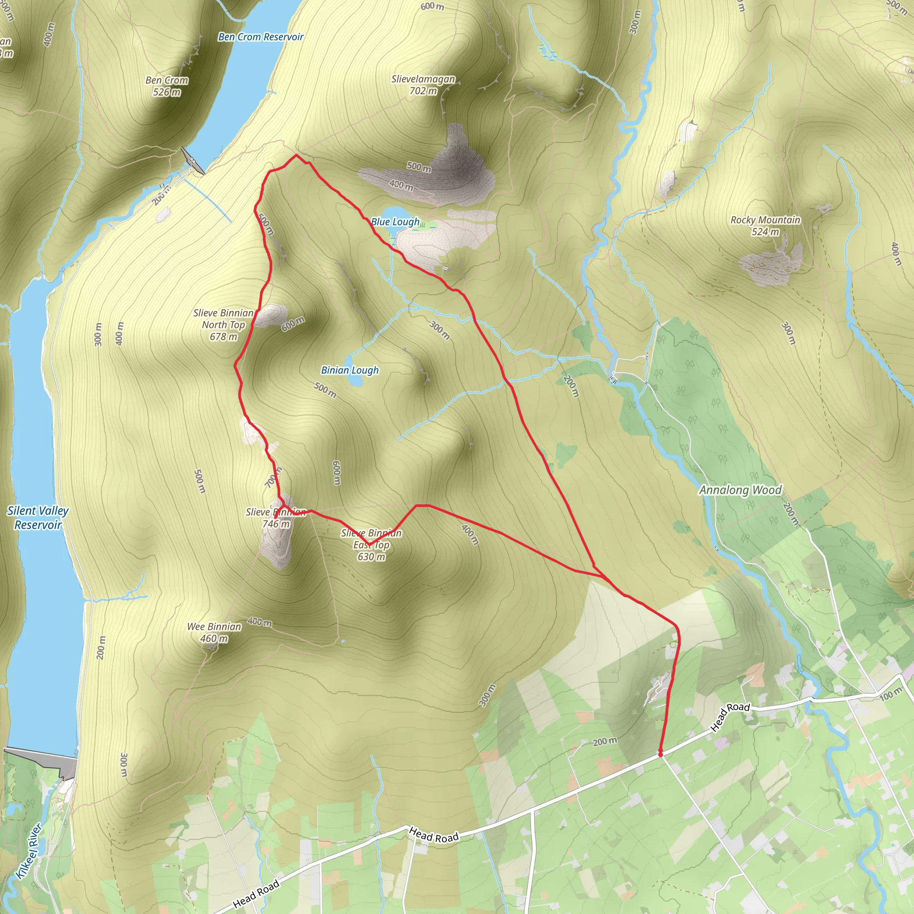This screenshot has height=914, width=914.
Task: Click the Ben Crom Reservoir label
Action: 261,37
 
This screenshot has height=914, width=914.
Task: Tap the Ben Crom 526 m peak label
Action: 166,86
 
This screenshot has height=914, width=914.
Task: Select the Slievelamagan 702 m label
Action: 423,85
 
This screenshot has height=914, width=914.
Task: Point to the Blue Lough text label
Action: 395,221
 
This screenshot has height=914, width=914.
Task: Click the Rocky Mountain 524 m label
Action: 765,226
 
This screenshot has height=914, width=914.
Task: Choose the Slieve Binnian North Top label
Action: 223,324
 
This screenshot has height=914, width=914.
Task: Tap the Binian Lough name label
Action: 349,370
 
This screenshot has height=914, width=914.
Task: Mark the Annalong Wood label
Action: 740,490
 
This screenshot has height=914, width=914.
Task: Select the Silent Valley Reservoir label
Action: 38,518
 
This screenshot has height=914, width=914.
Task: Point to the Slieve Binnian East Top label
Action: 371,545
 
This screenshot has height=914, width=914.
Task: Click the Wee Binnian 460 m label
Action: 214,632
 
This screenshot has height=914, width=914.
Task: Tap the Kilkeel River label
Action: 29,852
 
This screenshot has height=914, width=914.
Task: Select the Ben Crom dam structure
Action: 192,161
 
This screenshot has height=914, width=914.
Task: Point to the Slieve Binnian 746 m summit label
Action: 276,518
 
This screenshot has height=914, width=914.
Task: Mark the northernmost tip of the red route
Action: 296,155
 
